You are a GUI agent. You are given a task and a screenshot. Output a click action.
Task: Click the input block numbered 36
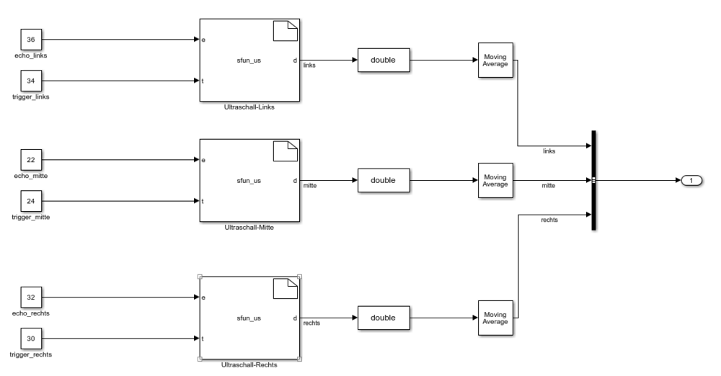pyautogui.click(x=31, y=40)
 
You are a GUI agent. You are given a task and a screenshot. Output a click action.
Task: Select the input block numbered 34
pyautogui.click(x=31, y=81)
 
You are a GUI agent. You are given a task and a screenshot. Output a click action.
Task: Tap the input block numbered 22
pyautogui.click(x=31, y=160)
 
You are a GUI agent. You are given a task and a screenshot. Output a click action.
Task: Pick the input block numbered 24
pyautogui.click(x=31, y=201)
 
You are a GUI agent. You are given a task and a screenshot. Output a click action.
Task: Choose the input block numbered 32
pyautogui.click(x=31, y=297)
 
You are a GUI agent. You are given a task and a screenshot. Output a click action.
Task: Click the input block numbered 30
pyautogui.click(x=31, y=338)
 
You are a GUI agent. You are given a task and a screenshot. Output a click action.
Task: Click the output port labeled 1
pyautogui.click(x=691, y=180)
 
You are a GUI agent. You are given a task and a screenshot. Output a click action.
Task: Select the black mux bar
pyautogui.click(x=593, y=180)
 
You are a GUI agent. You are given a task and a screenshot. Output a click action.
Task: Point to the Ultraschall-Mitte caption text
pyautogui.click(x=249, y=227)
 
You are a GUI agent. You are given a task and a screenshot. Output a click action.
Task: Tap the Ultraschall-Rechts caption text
pyautogui.click(x=249, y=364)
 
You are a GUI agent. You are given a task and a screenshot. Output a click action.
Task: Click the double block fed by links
pyautogui.click(x=383, y=61)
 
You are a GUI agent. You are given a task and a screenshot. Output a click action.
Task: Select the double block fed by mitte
pyautogui.click(x=383, y=180)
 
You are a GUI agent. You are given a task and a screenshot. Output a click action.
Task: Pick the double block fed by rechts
pyautogui.click(x=383, y=317)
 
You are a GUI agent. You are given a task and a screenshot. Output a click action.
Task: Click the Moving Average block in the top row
pyautogui.click(x=496, y=61)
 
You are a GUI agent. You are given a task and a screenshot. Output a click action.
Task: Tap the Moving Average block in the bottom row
pyautogui.click(x=496, y=317)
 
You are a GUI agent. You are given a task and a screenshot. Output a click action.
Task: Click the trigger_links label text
pyautogui.click(x=31, y=97)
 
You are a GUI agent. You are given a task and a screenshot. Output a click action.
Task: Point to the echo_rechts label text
pyautogui.click(x=31, y=313)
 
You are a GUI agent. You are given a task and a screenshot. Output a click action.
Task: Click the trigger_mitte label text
pyautogui.click(x=31, y=218)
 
